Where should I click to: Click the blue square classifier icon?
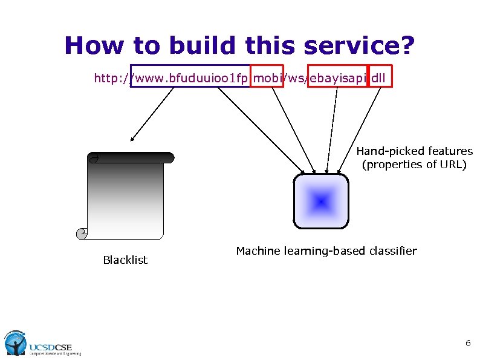click(x=321, y=201)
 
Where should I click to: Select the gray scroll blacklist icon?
click(x=126, y=194)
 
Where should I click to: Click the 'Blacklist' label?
click(x=125, y=260)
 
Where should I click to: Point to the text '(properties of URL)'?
click(x=414, y=165)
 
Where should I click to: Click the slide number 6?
click(x=467, y=343)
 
